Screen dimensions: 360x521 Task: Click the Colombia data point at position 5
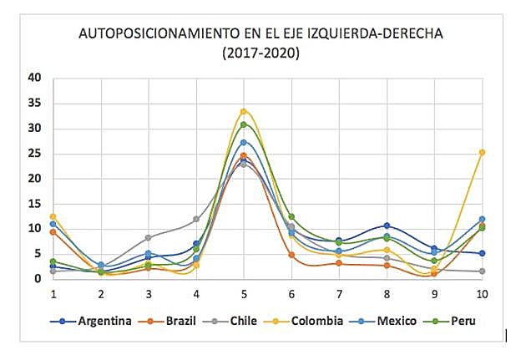[x=244, y=111]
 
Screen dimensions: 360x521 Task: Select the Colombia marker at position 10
[x=482, y=152]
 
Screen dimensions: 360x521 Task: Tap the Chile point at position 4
[x=196, y=219]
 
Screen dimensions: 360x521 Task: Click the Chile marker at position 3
[x=149, y=237]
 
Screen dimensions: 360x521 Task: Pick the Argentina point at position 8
[x=387, y=226]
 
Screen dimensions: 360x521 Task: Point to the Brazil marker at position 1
[x=53, y=231]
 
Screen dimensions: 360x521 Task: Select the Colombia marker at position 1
[x=53, y=216]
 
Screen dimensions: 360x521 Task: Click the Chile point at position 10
[x=482, y=271]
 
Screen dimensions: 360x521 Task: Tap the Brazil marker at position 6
[x=291, y=255]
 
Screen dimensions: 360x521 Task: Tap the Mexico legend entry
[x=394, y=319]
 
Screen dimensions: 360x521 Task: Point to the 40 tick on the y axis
[x=34, y=78]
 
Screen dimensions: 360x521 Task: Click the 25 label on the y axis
[x=34, y=153]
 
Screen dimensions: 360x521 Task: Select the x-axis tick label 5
[x=244, y=294]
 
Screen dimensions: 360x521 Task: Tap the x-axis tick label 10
[x=482, y=294]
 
